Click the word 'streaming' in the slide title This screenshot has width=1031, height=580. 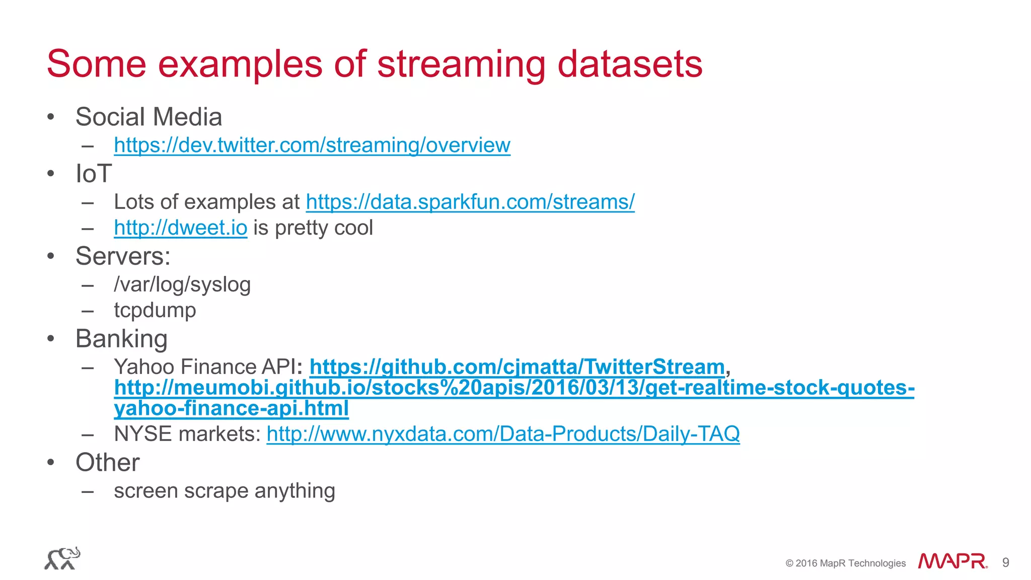pyautogui.click(x=461, y=64)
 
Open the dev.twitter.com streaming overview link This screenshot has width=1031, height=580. pyautogui.click(x=312, y=145)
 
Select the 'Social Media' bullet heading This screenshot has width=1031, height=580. pyautogui.click(x=149, y=117)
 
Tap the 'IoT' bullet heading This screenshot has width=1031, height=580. pyautogui.click(x=93, y=174)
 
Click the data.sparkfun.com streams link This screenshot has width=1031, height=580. pyautogui.click(x=470, y=202)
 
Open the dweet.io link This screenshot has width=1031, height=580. pyautogui.click(x=180, y=228)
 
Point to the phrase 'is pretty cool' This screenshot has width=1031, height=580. pyautogui.click(x=313, y=228)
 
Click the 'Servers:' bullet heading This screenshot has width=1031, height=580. pyautogui.click(x=123, y=256)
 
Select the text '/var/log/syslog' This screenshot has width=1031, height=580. pyautogui.click(x=182, y=284)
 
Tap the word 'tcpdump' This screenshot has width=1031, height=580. pyautogui.click(x=155, y=310)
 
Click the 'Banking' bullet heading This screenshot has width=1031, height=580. pyautogui.click(x=121, y=339)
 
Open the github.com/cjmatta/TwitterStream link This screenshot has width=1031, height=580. pyautogui.click(x=517, y=367)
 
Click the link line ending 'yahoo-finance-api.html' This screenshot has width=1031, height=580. pyautogui.click(x=231, y=408)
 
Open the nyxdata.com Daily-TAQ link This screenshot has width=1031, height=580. pyautogui.click(x=503, y=434)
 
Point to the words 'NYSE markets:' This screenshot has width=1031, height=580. pyautogui.click(x=187, y=434)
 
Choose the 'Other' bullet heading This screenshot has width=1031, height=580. pyautogui.click(x=107, y=462)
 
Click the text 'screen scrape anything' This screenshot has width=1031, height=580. pyautogui.click(x=225, y=491)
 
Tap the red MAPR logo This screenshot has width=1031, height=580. pyautogui.click(x=952, y=561)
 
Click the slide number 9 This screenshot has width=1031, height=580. pyautogui.click(x=1005, y=562)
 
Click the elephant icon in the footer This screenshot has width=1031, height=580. pyautogui.click(x=62, y=558)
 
